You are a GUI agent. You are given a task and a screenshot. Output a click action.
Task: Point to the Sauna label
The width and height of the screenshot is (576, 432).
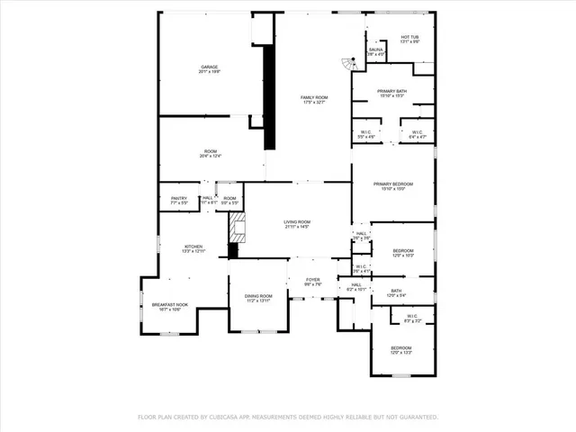tap(375, 52)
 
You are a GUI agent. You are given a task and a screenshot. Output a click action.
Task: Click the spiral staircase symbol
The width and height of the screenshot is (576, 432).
tap(346, 66)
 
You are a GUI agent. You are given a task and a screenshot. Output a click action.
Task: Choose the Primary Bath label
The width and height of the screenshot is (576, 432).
tap(392, 94)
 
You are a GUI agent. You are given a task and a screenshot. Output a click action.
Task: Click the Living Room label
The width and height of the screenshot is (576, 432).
tap(297, 224)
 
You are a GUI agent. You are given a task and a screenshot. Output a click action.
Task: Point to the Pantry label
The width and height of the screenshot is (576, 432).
tap(179, 201)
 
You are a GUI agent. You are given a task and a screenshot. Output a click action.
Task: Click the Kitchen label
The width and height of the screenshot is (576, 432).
tap(193, 249)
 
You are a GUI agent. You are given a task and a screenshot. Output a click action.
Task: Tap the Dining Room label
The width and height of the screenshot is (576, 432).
tap(258, 298)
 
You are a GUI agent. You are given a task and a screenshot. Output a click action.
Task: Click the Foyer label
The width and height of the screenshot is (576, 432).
tap(312, 282)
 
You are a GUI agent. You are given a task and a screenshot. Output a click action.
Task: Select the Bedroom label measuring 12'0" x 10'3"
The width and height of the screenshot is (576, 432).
tap(402, 253)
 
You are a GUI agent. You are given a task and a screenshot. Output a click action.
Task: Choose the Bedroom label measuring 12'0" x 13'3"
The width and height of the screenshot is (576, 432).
tap(400, 349)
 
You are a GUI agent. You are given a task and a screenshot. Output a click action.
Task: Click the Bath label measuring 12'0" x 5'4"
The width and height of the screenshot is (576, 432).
tap(396, 293)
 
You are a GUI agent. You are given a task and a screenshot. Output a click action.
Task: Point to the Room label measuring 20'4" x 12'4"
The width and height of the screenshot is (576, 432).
tap(210, 153)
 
